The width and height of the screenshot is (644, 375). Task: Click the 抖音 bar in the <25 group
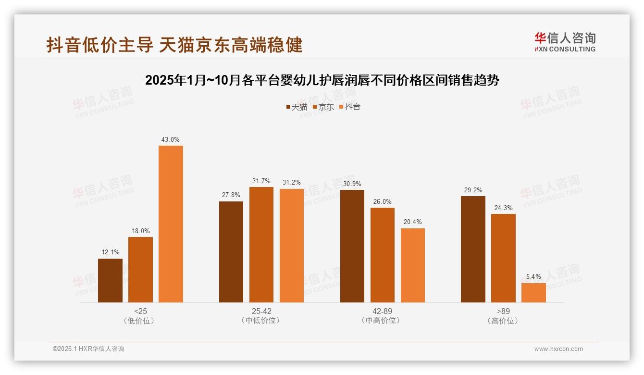(x=171, y=224)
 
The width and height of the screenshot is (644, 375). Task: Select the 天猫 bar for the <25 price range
(x=110, y=281)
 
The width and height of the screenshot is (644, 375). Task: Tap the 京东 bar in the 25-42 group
(x=261, y=245)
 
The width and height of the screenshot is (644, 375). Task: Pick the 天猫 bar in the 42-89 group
(x=352, y=246)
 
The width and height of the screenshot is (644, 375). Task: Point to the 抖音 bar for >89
(x=533, y=293)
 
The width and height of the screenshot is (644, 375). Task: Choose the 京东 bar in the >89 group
(x=503, y=258)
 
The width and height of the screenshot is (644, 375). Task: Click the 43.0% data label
(x=171, y=140)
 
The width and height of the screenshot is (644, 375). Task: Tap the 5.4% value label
(x=533, y=277)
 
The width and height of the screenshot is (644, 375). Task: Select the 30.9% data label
(x=352, y=184)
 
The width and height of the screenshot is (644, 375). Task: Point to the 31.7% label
(x=261, y=181)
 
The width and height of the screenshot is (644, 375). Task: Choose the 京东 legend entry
(x=323, y=107)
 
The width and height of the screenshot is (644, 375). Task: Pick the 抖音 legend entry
(x=349, y=107)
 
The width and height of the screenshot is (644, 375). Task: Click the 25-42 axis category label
(x=261, y=311)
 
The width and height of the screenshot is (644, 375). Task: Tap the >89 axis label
(x=503, y=311)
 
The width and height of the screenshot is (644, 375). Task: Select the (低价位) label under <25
(x=140, y=321)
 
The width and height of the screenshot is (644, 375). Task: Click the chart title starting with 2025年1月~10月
(x=322, y=80)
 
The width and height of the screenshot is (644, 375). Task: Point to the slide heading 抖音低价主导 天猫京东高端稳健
(x=174, y=45)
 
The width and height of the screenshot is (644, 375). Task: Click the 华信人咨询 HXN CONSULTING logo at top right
(x=565, y=42)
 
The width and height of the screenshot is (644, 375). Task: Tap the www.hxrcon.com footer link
(x=558, y=349)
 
